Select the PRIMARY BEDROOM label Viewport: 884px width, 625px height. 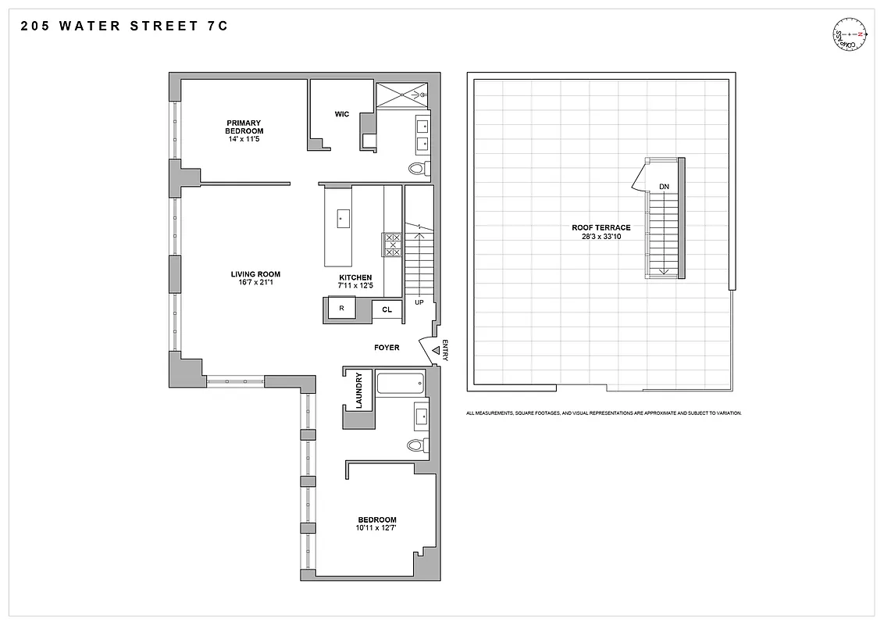point(244,127)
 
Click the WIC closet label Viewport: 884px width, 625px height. point(341,114)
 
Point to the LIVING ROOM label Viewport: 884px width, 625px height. point(255,274)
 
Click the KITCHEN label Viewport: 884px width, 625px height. point(355,277)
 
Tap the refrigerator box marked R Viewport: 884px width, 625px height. point(341,309)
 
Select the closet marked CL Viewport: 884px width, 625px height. point(387,310)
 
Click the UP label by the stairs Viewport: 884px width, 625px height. point(419,302)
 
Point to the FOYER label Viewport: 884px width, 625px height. point(387,348)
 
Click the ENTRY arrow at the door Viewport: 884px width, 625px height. point(435,352)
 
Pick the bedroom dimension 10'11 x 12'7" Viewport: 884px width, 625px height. point(377,528)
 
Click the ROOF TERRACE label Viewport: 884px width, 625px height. point(601,228)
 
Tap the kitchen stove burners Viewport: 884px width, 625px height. point(393,245)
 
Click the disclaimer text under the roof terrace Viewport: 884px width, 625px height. point(604,412)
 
